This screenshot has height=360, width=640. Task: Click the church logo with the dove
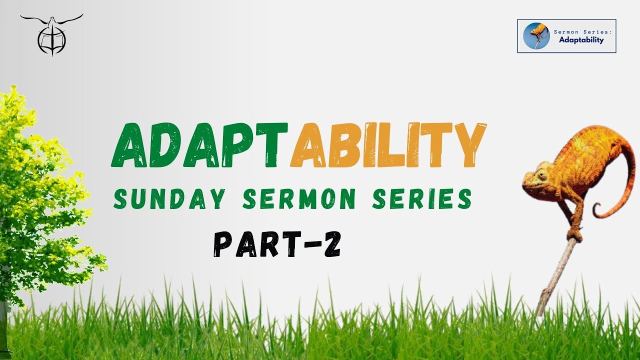[51, 35]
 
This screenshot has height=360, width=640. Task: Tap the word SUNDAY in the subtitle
[169, 198]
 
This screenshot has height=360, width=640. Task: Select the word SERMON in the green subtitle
[299, 198]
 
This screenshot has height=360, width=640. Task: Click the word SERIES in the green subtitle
[422, 198]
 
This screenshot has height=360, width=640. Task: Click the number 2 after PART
[332, 244]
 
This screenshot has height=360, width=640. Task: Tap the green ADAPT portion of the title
[199, 145]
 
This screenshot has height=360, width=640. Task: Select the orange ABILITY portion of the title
[388, 145]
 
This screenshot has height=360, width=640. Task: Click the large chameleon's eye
[542, 175]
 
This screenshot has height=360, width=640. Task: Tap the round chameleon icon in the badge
[536, 36]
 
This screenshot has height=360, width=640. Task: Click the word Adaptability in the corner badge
[581, 40]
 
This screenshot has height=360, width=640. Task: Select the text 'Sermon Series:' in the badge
[583, 32]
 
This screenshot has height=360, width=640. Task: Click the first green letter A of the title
[129, 145]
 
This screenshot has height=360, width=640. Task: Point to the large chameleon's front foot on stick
[574, 234]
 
